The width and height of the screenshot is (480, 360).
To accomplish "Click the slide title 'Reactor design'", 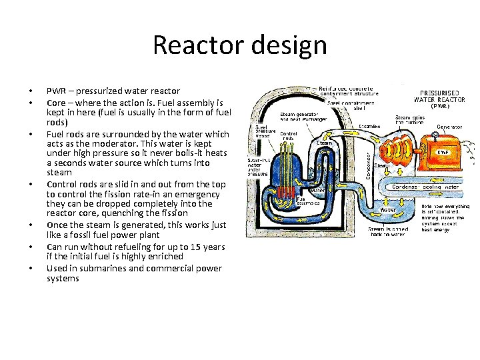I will [240, 45].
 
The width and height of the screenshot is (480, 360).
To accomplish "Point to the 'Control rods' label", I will [287, 137].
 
